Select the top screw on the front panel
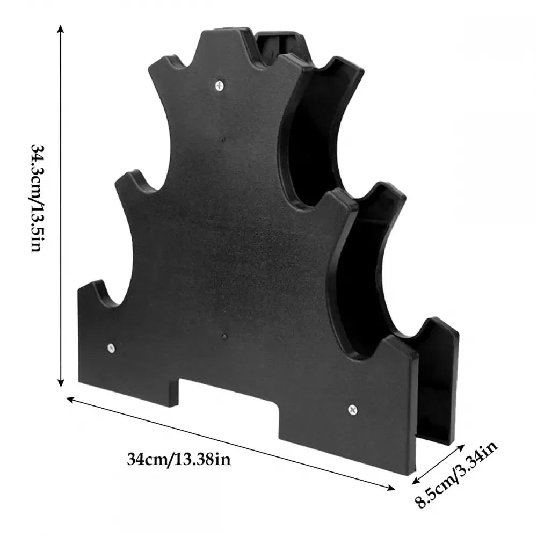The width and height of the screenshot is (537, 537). click(x=219, y=84)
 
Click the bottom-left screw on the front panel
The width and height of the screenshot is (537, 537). click(x=112, y=347)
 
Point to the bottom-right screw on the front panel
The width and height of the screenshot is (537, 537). click(x=352, y=410)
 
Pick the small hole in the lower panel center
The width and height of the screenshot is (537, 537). click(x=224, y=338)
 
